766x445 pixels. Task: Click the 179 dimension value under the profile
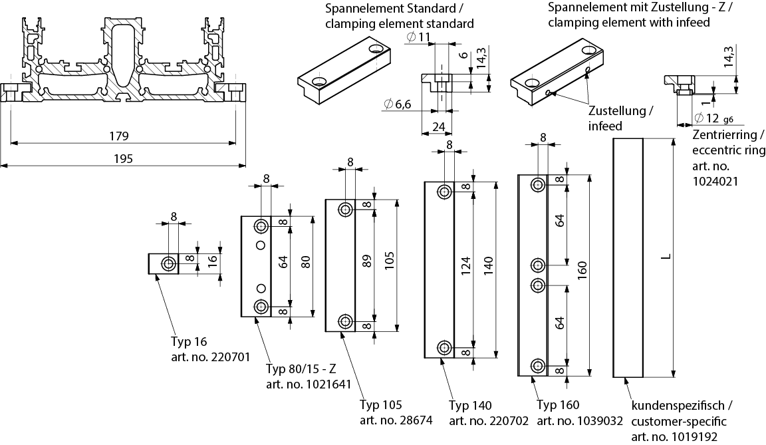[119, 136]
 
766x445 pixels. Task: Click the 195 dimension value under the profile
[124, 158]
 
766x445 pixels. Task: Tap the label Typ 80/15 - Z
[301, 370]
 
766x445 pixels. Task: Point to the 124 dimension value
[465, 266]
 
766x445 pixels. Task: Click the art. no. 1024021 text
[715, 180]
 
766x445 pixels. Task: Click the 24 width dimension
[438, 126]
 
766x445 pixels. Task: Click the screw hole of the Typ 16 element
[170, 263]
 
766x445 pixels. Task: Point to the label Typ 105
[382, 404]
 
